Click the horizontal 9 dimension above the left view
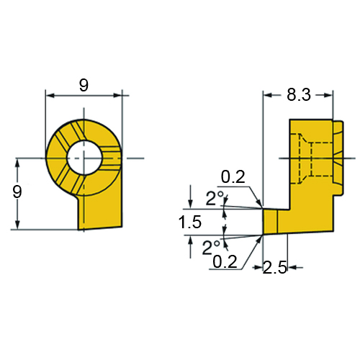click(x=84, y=86)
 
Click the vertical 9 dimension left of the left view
click(x=17, y=192)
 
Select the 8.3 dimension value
click(x=299, y=94)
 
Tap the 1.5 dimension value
click(x=190, y=222)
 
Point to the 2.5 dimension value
click(x=275, y=268)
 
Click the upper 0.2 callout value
click(x=233, y=177)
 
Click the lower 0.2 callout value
click(x=225, y=261)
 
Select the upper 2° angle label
click(x=215, y=198)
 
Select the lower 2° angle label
click(x=211, y=247)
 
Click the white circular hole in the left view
click(x=84, y=158)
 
